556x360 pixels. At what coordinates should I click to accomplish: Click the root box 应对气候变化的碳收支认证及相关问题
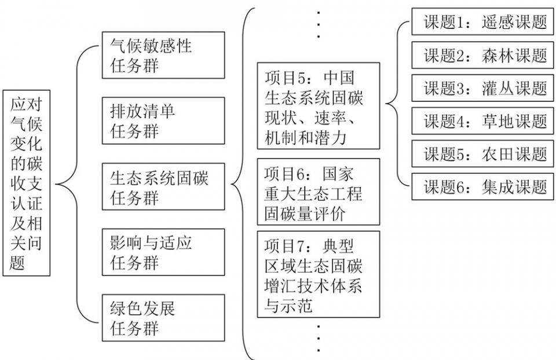click(x=27, y=183)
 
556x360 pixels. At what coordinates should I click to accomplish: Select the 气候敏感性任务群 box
click(x=163, y=56)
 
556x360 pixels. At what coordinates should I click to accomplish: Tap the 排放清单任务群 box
click(x=163, y=121)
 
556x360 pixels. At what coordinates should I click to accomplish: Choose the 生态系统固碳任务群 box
click(x=163, y=187)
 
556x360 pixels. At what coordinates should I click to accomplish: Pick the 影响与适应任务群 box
click(x=163, y=252)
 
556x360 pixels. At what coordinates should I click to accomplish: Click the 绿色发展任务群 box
click(x=163, y=318)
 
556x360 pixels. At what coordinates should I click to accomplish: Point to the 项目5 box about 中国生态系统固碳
click(x=319, y=106)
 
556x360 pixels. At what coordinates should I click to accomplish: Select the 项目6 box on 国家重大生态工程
click(x=319, y=192)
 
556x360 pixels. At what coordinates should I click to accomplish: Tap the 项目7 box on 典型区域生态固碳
click(x=319, y=274)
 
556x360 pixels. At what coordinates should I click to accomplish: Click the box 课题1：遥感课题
click(x=482, y=21)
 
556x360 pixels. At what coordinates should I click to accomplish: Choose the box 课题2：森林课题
click(x=482, y=55)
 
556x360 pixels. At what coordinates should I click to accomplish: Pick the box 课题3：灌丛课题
click(x=482, y=88)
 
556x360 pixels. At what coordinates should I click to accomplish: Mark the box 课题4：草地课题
click(x=482, y=121)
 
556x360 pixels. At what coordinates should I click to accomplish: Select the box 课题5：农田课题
click(x=482, y=154)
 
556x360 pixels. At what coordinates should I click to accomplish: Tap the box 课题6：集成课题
click(x=482, y=187)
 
